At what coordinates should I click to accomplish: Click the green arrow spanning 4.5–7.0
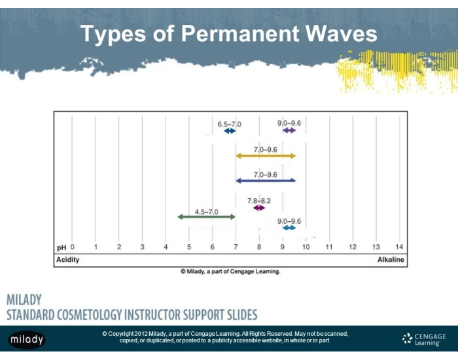pyautogui.click(x=205, y=216)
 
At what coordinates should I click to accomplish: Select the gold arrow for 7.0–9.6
pyautogui.click(x=266, y=156)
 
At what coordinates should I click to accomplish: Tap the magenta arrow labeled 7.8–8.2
pyautogui.click(x=258, y=207)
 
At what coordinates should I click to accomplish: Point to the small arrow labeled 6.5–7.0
pyautogui.click(x=230, y=131)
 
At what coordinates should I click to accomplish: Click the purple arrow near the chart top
pyautogui.click(x=289, y=131)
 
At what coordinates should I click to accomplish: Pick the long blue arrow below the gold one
pyautogui.click(x=266, y=180)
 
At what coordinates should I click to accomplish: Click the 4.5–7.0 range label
pyautogui.click(x=206, y=211)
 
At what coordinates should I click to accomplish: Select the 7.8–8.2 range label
pyautogui.click(x=259, y=200)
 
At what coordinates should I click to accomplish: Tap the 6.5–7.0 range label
pyautogui.click(x=229, y=124)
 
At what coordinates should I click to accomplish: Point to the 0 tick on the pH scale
pyautogui.click(x=72, y=247)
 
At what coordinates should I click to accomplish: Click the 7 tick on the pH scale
pyautogui.click(x=236, y=247)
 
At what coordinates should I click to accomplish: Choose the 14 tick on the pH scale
pyautogui.click(x=399, y=247)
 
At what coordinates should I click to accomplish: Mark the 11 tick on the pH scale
pyautogui.click(x=329, y=247)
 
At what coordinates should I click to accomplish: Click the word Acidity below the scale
pyautogui.click(x=68, y=260)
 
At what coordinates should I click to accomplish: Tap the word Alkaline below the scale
pyautogui.click(x=391, y=260)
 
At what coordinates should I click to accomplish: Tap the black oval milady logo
pyautogui.click(x=27, y=339)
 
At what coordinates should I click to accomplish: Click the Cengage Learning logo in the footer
pyautogui.click(x=424, y=338)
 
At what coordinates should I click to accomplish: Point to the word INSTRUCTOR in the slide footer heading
pyautogui.click(x=176, y=314)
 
